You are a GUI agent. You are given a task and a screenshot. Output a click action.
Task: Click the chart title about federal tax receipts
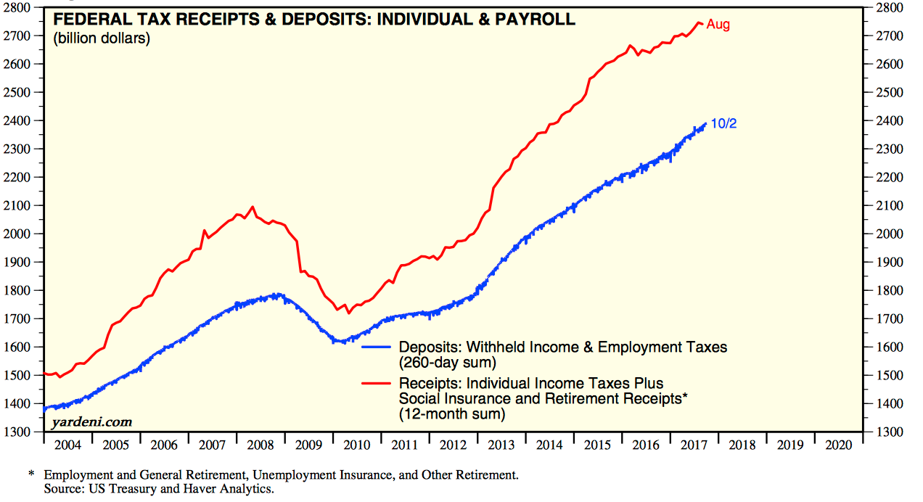coord(314,20)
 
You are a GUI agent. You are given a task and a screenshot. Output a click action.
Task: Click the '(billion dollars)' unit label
coord(102,38)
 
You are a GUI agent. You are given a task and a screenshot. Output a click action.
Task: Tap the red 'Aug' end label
coord(718,25)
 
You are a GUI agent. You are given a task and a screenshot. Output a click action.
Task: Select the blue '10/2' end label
coord(723,124)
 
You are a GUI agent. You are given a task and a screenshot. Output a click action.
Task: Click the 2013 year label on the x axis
coord(503,445)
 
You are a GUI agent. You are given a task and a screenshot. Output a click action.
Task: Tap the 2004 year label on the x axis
coord(68,445)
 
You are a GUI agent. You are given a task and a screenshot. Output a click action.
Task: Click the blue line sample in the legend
coord(378,347)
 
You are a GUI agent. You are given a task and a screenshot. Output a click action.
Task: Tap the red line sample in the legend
coord(378,383)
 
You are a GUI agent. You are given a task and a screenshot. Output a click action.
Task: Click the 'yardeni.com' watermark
coord(91,421)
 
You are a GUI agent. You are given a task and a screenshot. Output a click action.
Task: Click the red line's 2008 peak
coord(253,207)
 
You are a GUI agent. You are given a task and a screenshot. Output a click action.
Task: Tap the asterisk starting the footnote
coord(31,475)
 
